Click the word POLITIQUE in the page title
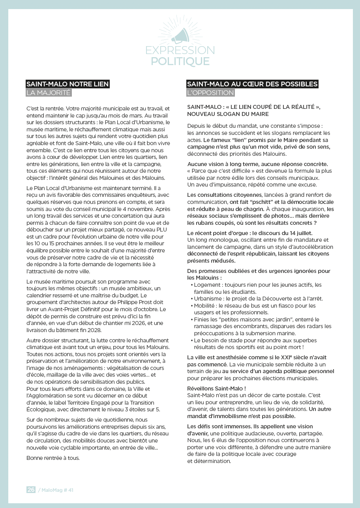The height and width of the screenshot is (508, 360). [x=180, y=62]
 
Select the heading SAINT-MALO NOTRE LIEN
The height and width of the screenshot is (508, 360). [x=67, y=84]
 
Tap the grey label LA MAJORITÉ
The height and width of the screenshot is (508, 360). [x=49, y=93]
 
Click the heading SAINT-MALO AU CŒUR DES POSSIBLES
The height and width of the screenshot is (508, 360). [x=252, y=84]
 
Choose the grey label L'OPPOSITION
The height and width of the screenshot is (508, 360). [x=210, y=93]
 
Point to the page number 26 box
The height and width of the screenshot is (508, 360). [x=31, y=490]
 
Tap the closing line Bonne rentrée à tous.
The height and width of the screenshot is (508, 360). [x=53, y=458]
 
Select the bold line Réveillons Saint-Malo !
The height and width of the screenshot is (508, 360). [x=216, y=388]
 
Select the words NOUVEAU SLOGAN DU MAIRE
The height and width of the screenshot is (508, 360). [x=228, y=114]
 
